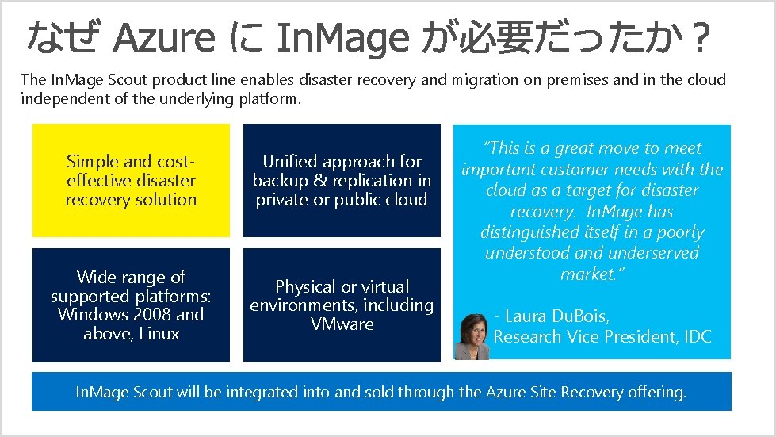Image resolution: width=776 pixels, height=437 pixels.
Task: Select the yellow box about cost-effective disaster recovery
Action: pos(131,180)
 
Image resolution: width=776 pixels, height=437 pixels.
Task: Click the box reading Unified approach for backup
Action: pos(342,180)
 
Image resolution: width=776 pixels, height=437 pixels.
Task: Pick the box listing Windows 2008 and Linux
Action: pos(131,305)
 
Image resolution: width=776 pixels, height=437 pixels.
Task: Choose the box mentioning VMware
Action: pos(342,305)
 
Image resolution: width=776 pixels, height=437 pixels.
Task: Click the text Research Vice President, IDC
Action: pos(602,336)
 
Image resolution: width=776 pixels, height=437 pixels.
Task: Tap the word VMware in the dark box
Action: pos(342,324)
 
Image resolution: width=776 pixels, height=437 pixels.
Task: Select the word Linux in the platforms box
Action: pos(160,334)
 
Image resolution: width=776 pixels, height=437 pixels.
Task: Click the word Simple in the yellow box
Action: pos(92,161)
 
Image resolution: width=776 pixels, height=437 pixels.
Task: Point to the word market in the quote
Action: pos(587,274)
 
